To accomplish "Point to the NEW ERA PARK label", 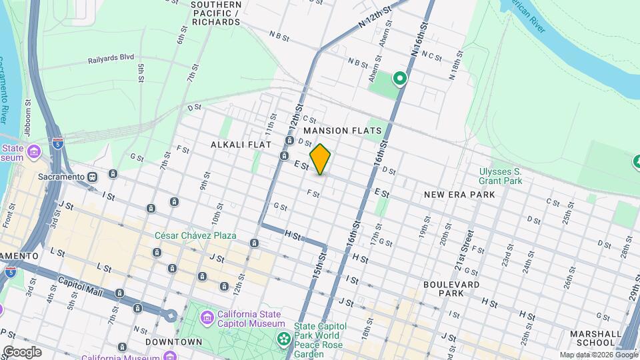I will [459, 195].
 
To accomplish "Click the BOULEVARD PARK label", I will [451, 289].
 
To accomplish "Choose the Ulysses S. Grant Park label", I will [500, 176].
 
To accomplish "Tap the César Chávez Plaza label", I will [195, 236].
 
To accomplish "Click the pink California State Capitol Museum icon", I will [207, 315].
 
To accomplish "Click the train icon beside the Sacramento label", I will [93, 177].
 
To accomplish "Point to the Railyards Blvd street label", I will [111, 59].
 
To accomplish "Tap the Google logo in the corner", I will [21, 351].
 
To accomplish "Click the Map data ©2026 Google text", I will [598, 355].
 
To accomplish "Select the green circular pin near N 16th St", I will [399, 79].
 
